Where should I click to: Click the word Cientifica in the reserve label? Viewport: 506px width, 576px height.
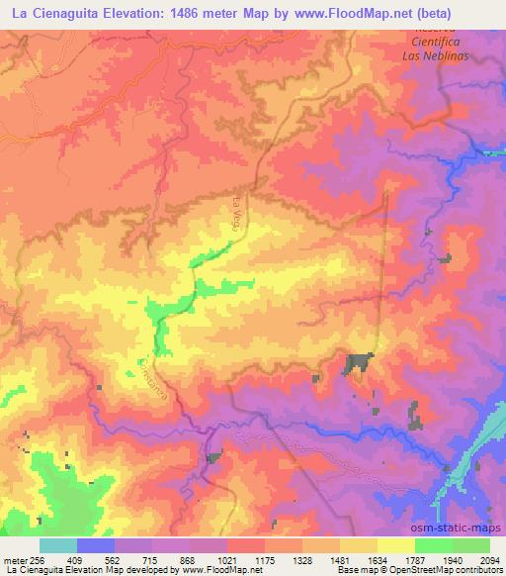(438, 43)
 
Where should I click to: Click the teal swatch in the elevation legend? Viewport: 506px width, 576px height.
(58, 544)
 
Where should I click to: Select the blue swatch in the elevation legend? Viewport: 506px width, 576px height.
(96, 544)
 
